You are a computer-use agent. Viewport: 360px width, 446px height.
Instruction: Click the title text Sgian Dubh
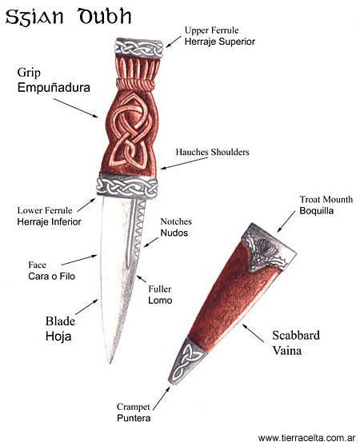click(68, 17)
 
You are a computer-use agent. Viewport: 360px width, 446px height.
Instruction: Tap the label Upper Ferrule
click(211, 30)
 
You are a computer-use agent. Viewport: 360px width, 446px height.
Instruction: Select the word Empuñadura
click(54, 87)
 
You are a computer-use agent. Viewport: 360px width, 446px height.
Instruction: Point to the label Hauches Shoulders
click(212, 152)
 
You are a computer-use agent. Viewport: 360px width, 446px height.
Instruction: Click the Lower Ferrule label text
click(45, 210)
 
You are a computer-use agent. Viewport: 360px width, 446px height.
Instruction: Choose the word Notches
click(176, 221)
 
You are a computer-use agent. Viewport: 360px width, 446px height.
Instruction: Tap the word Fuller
click(160, 289)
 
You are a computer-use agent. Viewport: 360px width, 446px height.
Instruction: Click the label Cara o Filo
click(51, 277)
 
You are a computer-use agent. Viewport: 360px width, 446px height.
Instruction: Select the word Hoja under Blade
click(58, 336)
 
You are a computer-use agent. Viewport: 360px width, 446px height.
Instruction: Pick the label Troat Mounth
click(326, 199)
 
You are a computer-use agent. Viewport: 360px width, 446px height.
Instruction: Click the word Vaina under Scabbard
click(287, 350)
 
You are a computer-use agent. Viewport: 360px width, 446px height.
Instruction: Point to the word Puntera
click(134, 418)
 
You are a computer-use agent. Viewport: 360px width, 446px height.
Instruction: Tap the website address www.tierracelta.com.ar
click(306, 437)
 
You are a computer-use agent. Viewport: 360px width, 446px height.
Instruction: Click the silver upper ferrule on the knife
click(138, 48)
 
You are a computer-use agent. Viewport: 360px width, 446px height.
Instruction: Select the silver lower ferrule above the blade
click(127, 186)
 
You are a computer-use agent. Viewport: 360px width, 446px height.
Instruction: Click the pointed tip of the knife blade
click(110, 362)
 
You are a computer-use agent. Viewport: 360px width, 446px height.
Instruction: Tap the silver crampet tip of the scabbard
click(185, 360)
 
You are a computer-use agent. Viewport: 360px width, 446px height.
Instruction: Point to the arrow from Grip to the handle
click(76, 108)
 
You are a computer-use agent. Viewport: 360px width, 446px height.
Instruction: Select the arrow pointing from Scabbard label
click(253, 333)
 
